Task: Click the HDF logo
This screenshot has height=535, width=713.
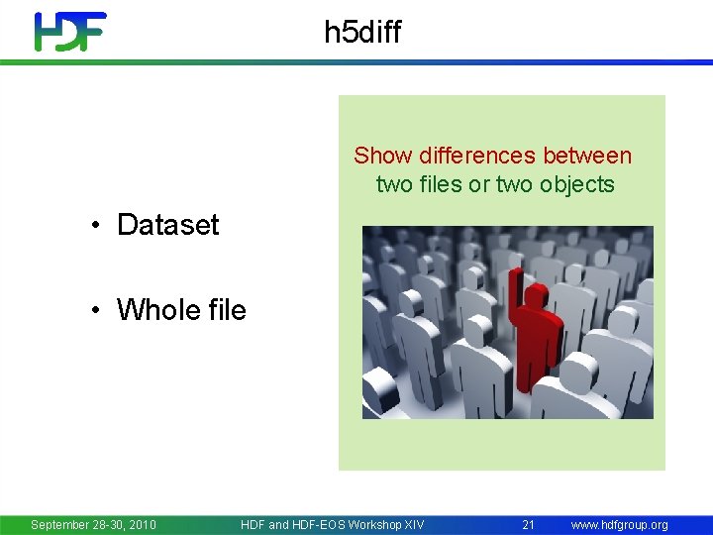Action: coord(69,32)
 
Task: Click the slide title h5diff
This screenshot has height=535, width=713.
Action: coord(362,33)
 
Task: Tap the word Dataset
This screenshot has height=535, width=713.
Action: coord(167,225)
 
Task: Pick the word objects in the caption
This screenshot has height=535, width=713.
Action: coord(577,184)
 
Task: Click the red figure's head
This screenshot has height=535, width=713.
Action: coord(536,296)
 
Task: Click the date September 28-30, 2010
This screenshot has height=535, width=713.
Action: coord(93,524)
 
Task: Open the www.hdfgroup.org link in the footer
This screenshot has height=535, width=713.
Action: coord(619,524)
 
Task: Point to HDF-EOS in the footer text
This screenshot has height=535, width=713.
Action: coord(314,524)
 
